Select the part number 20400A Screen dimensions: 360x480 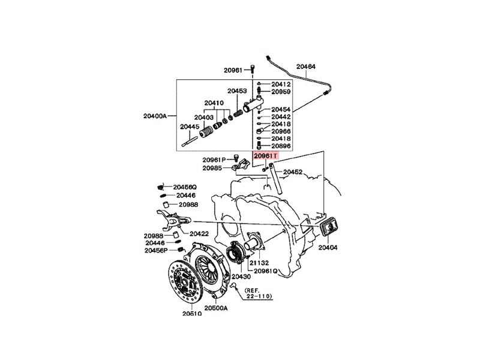pyautogui.click(x=155, y=115)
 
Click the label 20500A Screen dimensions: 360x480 pyautogui.click(x=217, y=308)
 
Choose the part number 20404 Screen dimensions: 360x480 pyautogui.click(x=328, y=247)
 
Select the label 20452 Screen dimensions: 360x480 pyautogui.click(x=293, y=172)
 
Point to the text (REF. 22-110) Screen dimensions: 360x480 pyautogui.click(x=259, y=293)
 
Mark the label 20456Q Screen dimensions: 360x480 pyautogui.click(x=185, y=187)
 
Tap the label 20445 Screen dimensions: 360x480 pyautogui.click(x=190, y=127)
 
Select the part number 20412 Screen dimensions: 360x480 pyautogui.click(x=281, y=84)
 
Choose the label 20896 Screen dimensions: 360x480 pyautogui.click(x=281, y=146)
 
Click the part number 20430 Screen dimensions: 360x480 pyautogui.click(x=241, y=277)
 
